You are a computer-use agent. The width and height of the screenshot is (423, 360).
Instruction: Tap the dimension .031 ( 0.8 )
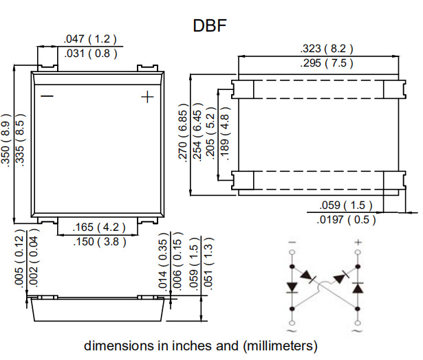91,54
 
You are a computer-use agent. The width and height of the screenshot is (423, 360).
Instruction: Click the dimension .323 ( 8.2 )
327,49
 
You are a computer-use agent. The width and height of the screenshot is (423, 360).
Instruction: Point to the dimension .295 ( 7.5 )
327,63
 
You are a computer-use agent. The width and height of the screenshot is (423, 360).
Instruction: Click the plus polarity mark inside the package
147,97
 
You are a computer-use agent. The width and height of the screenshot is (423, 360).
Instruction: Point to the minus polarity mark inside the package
47,96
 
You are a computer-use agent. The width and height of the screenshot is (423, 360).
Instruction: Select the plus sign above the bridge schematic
357,243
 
